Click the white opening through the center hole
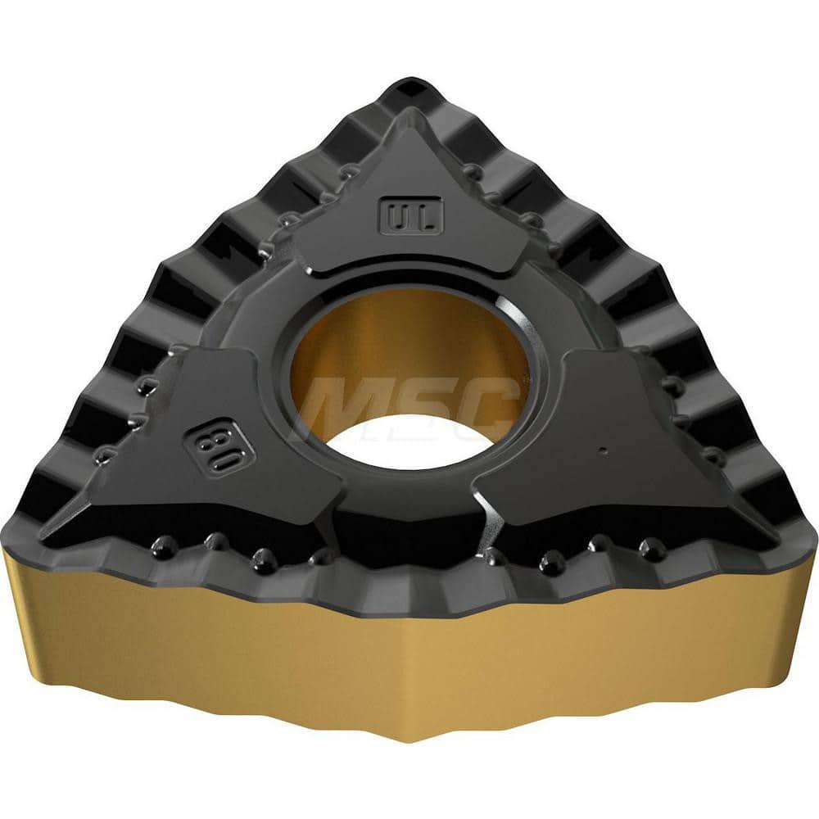point(409,442)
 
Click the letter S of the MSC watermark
point(418,406)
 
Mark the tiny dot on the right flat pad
point(602,450)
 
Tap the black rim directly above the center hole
point(409,275)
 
